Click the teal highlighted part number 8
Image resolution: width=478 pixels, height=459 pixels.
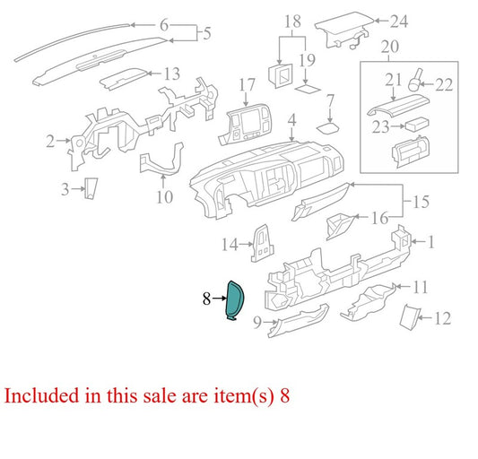click(x=234, y=300)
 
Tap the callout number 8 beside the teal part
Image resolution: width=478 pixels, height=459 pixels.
click(x=206, y=299)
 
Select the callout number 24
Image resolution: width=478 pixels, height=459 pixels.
click(x=399, y=22)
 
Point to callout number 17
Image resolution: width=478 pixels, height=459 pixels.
click(x=247, y=85)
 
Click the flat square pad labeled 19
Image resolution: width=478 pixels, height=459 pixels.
click(x=308, y=89)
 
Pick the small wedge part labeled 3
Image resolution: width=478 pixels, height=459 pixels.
click(x=91, y=188)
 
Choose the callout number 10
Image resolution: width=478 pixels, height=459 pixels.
click(x=165, y=197)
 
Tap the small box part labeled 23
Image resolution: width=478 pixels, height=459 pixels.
click(x=416, y=124)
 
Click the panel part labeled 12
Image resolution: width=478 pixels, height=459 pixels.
click(x=410, y=316)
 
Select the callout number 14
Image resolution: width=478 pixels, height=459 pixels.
click(x=230, y=245)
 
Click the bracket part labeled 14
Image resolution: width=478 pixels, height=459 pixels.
click(x=263, y=243)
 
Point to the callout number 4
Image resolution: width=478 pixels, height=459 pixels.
click(x=292, y=120)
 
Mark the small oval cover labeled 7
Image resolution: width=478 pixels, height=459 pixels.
click(x=328, y=128)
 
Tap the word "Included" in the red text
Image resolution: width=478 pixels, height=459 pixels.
click(x=41, y=395)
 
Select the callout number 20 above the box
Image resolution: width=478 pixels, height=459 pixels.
click(x=390, y=47)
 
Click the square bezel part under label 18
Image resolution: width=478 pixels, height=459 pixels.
click(x=280, y=75)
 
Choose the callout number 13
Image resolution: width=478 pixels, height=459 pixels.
click(x=172, y=74)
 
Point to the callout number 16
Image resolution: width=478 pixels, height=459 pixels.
click(x=379, y=218)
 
